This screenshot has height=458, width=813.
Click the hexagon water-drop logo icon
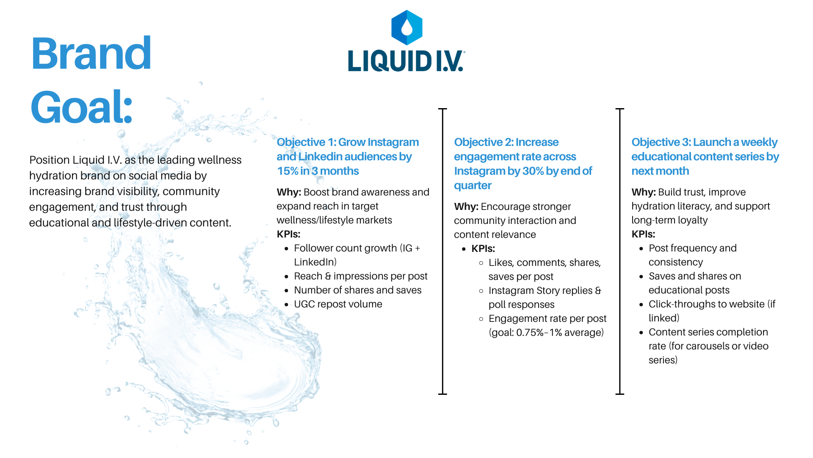pyautogui.click(x=406, y=28)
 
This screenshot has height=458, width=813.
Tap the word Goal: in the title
pyautogui.click(x=82, y=107)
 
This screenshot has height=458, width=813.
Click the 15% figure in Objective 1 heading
pyautogui.click(x=288, y=171)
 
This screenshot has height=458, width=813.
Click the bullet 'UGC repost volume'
pyautogui.click(x=338, y=304)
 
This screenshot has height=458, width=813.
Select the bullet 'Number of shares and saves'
pyautogui.click(x=357, y=290)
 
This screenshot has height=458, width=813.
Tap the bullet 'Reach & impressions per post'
pyautogui.click(x=360, y=276)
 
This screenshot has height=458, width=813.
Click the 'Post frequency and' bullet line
pyautogui.click(x=692, y=248)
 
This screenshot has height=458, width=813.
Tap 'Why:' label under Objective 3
pyautogui.click(x=643, y=192)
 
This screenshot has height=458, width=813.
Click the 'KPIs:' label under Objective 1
pyautogui.click(x=288, y=234)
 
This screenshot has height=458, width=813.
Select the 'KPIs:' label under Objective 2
pyautogui.click(x=483, y=249)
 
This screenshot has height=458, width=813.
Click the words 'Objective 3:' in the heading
pyautogui.click(x=661, y=142)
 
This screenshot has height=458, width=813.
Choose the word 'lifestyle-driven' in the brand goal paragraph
pyautogui.click(x=150, y=223)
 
